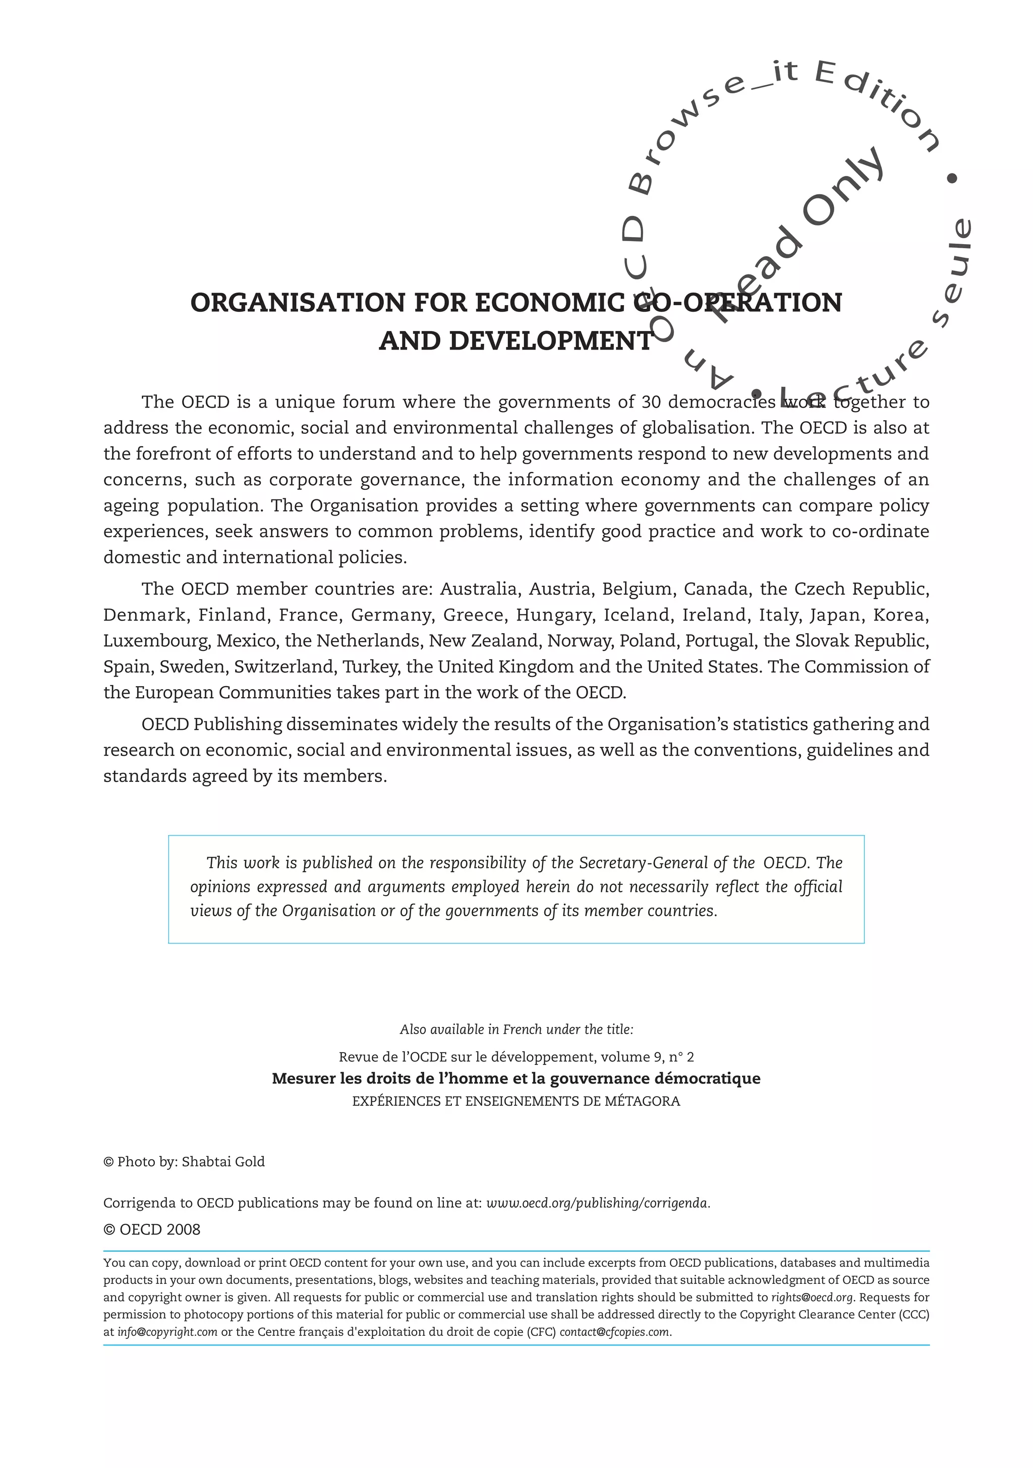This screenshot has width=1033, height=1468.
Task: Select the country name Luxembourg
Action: tap(156, 641)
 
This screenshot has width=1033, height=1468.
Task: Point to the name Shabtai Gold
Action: tap(223, 1162)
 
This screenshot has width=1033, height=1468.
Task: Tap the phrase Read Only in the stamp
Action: tap(799, 237)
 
